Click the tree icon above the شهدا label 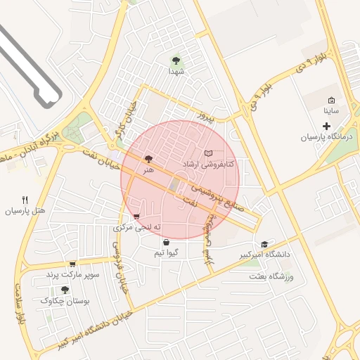click(176, 60)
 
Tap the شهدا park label click(176, 72)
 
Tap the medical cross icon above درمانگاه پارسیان click(326, 126)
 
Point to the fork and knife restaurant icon click(25, 200)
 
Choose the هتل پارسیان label click(25, 211)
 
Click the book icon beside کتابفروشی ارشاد click(208, 153)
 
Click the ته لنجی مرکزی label click(137, 228)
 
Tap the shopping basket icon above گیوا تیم click(166, 242)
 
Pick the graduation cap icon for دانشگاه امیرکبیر click(264, 243)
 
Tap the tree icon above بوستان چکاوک click(65, 289)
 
